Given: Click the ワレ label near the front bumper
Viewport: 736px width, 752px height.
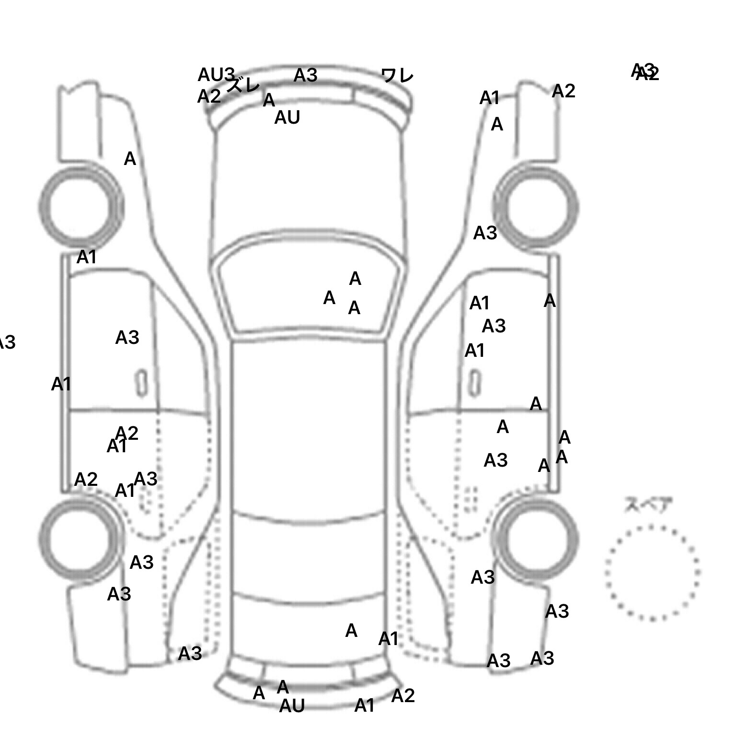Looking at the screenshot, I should [397, 76].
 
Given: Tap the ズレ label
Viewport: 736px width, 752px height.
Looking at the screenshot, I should [243, 86].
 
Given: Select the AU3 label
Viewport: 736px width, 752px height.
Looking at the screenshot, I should [216, 75].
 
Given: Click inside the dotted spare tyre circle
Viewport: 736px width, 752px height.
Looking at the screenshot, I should [652, 572].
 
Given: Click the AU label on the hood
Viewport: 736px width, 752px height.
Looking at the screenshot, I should [287, 117].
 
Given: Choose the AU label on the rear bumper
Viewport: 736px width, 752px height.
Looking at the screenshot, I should [292, 706].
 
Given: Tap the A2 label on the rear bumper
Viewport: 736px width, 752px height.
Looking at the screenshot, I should [402, 695].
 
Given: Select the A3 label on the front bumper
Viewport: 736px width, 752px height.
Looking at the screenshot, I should [305, 75].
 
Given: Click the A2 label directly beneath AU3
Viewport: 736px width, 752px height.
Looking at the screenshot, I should [209, 97].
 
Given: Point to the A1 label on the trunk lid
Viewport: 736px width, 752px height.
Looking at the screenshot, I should [388, 639].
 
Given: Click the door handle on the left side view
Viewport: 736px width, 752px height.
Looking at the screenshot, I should [141, 383].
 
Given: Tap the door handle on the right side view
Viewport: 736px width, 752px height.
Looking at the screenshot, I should [474, 383].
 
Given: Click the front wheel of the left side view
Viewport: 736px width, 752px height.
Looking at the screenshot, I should [80, 206].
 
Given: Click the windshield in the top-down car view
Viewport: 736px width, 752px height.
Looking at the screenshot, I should [309, 293].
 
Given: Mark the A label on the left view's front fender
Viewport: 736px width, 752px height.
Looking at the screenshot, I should [130, 159].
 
